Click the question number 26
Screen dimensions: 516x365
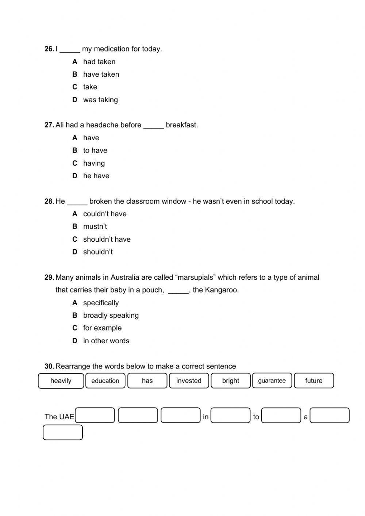tap(49, 49)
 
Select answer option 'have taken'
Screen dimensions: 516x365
tap(101, 74)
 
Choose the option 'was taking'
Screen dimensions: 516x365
tap(100, 100)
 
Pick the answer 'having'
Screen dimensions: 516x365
tap(94, 163)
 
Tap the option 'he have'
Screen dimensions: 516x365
tap(96, 176)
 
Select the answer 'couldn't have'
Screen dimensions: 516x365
tap(105, 214)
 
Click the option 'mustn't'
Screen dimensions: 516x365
tap(95, 226)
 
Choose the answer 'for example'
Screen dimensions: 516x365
tap(102, 328)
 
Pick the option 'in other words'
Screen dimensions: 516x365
tap(106, 341)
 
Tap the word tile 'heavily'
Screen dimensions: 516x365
tap(61, 381)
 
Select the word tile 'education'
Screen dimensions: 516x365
tap(105, 381)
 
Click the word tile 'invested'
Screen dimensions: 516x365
tap(189, 381)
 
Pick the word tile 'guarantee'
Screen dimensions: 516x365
tap(272, 381)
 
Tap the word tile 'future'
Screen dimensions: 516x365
tap(314, 381)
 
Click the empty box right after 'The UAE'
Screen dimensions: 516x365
tap(95, 416)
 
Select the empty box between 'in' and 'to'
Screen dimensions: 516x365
tap(230, 416)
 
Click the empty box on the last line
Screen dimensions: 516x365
tap(63, 432)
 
